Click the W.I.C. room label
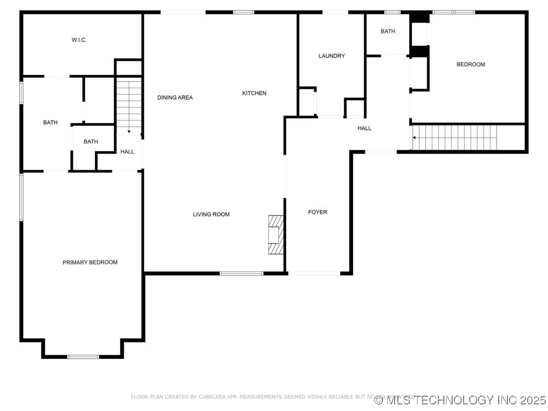point(79,40)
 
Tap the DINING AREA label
point(175,98)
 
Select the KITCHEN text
point(254,93)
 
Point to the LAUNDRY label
point(332,56)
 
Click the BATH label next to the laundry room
point(388,31)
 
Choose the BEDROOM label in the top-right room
point(471,65)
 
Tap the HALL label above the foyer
point(364,128)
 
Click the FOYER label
point(317,212)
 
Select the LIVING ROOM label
point(211,214)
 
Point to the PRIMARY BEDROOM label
point(90,262)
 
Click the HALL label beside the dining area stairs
point(127,152)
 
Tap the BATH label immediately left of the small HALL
point(91,142)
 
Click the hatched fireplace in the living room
point(276,235)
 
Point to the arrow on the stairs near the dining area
point(128,132)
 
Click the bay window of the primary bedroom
point(83,357)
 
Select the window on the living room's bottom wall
point(241,273)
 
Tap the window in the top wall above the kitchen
point(243,12)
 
